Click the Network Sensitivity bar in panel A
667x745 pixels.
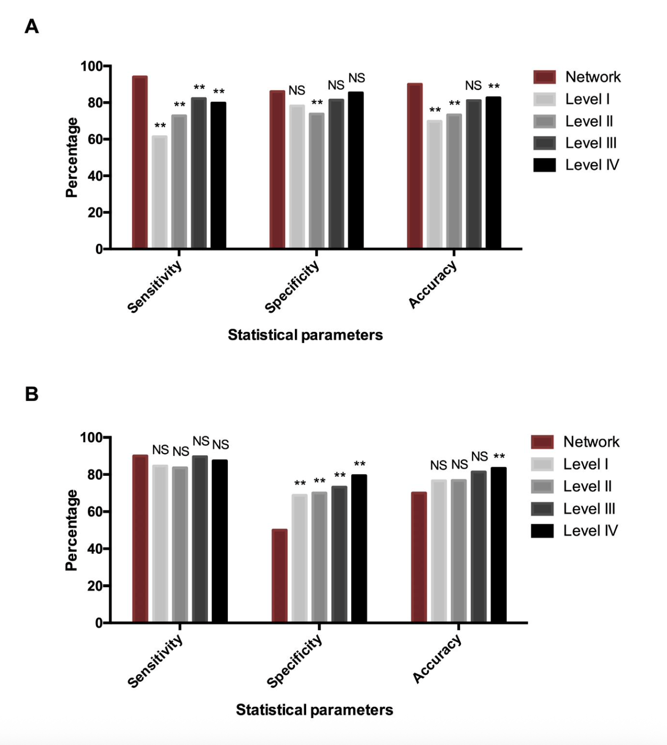click(140, 163)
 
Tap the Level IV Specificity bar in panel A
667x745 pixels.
click(356, 170)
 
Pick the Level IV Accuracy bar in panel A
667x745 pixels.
click(493, 173)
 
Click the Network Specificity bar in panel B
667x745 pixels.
click(280, 576)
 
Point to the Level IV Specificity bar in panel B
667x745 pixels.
click(359, 549)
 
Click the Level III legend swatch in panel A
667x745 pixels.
click(544, 143)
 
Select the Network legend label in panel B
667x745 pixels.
click(591, 442)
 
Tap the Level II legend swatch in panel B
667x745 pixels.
click(542, 486)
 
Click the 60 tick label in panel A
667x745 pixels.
click(95, 139)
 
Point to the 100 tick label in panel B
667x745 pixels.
click(92, 438)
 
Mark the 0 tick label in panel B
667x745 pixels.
click(99, 623)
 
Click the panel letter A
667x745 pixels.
click(32, 26)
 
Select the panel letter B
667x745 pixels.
click(32, 394)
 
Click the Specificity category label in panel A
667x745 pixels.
click(292, 286)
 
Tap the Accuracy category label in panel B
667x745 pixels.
click(437, 660)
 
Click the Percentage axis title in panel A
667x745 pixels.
click(72, 157)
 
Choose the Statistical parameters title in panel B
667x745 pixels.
click(314, 710)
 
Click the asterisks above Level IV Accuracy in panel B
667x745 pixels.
click(499, 456)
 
